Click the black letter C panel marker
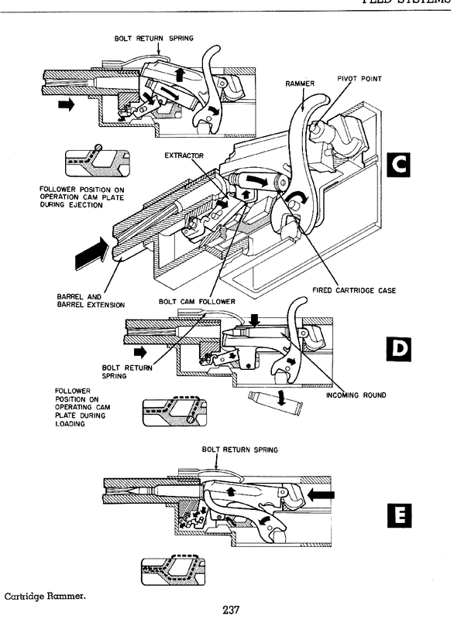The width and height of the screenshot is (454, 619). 398,165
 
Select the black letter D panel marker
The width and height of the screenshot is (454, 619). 398,349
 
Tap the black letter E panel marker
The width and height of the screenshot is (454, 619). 399,515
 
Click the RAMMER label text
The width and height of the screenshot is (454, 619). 300,84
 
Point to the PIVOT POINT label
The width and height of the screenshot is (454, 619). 359,79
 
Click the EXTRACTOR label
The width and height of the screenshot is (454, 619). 184,156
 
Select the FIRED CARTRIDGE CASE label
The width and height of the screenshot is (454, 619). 354,291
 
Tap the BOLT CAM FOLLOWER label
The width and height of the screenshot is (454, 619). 197,302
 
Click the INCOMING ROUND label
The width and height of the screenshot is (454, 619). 356,395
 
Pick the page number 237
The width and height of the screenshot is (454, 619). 231,610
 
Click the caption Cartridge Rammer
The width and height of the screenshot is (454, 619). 45,596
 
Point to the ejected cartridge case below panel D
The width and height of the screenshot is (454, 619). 275,400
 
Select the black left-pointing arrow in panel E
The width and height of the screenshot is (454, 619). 321,494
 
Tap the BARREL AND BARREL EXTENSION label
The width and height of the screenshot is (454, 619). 91,301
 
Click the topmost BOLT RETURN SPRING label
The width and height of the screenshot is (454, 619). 153,38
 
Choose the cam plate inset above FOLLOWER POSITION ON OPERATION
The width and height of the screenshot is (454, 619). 97,162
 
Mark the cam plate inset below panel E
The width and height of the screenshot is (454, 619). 174,569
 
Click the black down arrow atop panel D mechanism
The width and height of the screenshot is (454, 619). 255,320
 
